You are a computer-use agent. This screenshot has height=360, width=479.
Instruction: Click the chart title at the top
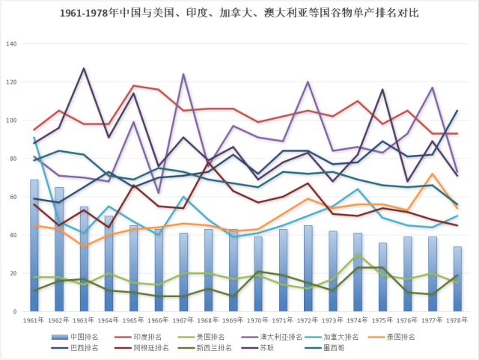point(239,13)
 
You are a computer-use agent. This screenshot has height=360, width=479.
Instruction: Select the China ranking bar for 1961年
point(34,245)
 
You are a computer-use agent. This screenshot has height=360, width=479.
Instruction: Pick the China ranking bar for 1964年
point(109,263)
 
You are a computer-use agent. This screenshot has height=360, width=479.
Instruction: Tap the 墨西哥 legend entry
point(334,347)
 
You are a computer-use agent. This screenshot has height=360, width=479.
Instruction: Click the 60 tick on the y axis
point(12,197)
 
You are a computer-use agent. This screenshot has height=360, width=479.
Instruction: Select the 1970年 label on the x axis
point(259,320)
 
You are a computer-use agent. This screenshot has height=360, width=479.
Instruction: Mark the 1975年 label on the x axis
point(382,320)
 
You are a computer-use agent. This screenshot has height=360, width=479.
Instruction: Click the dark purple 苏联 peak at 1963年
point(84,69)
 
